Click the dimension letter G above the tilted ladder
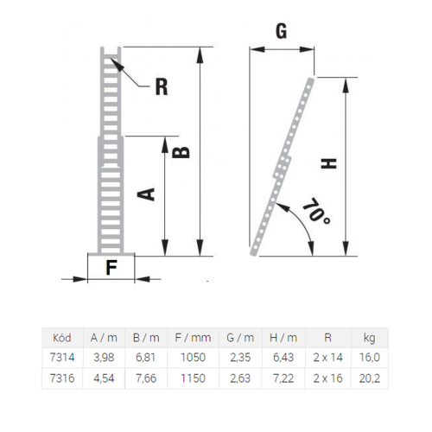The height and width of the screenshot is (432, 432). (282, 31)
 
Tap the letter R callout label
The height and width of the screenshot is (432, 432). (162, 87)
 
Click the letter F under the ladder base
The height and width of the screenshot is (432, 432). (111, 267)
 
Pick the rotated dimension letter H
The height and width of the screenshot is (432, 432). (329, 163)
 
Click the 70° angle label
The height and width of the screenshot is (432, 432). (316, 212)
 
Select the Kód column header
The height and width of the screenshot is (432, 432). (62, 338)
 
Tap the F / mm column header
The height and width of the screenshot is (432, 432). (193, 338)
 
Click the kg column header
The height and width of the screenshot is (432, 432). (369, 338)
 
